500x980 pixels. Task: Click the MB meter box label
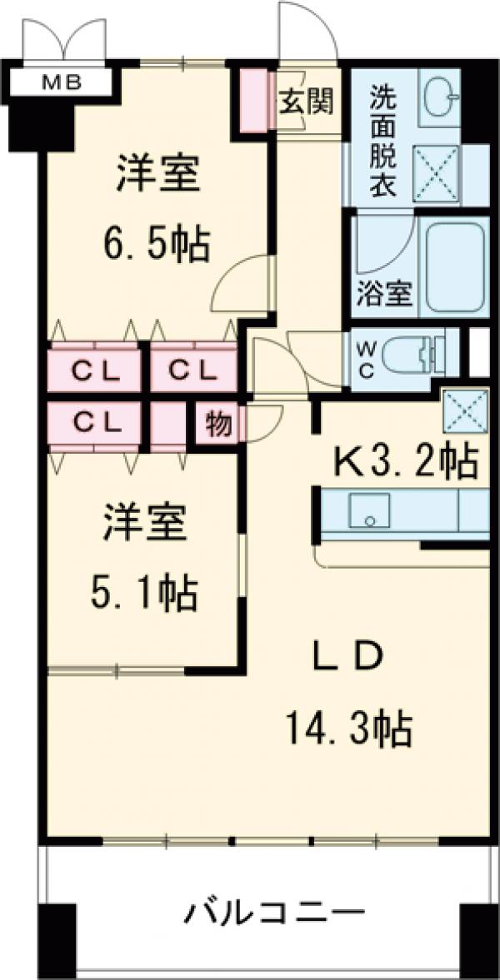point(56,82)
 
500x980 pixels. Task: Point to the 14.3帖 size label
point(349,729)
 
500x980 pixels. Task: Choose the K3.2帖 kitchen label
point(406,460)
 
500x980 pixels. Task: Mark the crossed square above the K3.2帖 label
point(459,409)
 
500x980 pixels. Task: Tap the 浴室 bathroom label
point(384,294)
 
